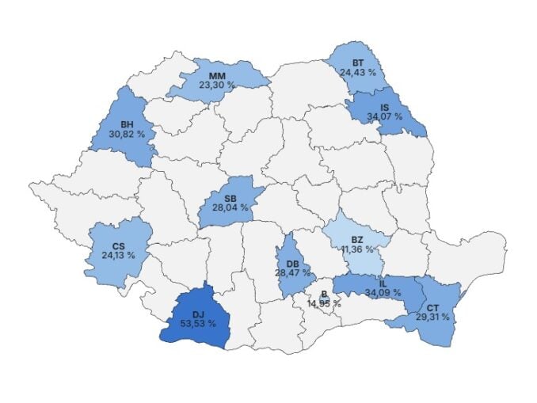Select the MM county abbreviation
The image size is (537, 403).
(217, 74)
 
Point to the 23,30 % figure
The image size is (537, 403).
(217, 84)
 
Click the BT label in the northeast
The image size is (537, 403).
(358, 62)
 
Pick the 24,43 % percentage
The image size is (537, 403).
(358, 71)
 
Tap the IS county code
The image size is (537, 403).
(384, 107)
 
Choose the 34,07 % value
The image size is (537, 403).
(384, 116)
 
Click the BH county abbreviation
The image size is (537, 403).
(127, 124)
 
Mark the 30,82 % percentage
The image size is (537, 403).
(127, 134)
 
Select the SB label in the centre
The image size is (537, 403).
(230, 198)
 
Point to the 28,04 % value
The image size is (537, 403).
(230, 207)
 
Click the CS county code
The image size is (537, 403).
(118, 245)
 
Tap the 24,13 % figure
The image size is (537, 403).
(118, 255)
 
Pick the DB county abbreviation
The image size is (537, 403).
(293, 263)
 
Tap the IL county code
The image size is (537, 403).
(383, 283)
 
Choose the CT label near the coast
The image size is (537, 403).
(432, 307)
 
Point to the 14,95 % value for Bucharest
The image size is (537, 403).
(324, 302)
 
